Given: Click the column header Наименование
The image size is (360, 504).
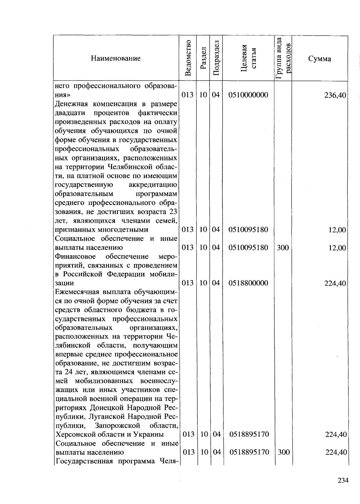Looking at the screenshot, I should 115,58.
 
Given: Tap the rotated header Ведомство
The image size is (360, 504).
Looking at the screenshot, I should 188,58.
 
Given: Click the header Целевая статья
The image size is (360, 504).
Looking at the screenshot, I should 248,58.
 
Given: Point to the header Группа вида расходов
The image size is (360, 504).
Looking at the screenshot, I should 283,58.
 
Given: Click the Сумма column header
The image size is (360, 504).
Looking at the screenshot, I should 319,59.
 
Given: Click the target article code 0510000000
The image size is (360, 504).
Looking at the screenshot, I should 248,95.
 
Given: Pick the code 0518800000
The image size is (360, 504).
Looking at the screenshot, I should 248,283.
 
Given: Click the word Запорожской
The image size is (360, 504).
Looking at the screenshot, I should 117,426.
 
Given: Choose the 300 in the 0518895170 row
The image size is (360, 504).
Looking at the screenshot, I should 283,452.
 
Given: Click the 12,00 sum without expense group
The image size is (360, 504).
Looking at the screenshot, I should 337,230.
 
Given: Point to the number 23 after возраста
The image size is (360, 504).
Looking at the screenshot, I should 173,212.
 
